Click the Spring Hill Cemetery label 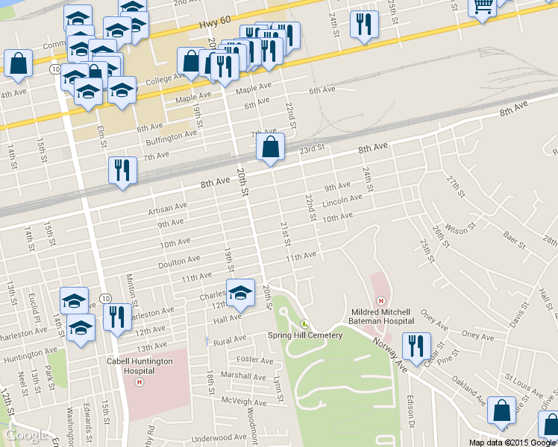pos(304,335)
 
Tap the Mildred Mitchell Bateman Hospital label pos(381,316)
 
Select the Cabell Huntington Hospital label pos(139,367)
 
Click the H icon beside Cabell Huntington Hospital pos(138,382)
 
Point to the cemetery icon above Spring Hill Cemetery pos(304,323)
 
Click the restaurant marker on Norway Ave pos(416,346)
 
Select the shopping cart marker pos(483,7)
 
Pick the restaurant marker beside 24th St pos(363,25)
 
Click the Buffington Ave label pos(171,137)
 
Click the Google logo pos(27,435)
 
